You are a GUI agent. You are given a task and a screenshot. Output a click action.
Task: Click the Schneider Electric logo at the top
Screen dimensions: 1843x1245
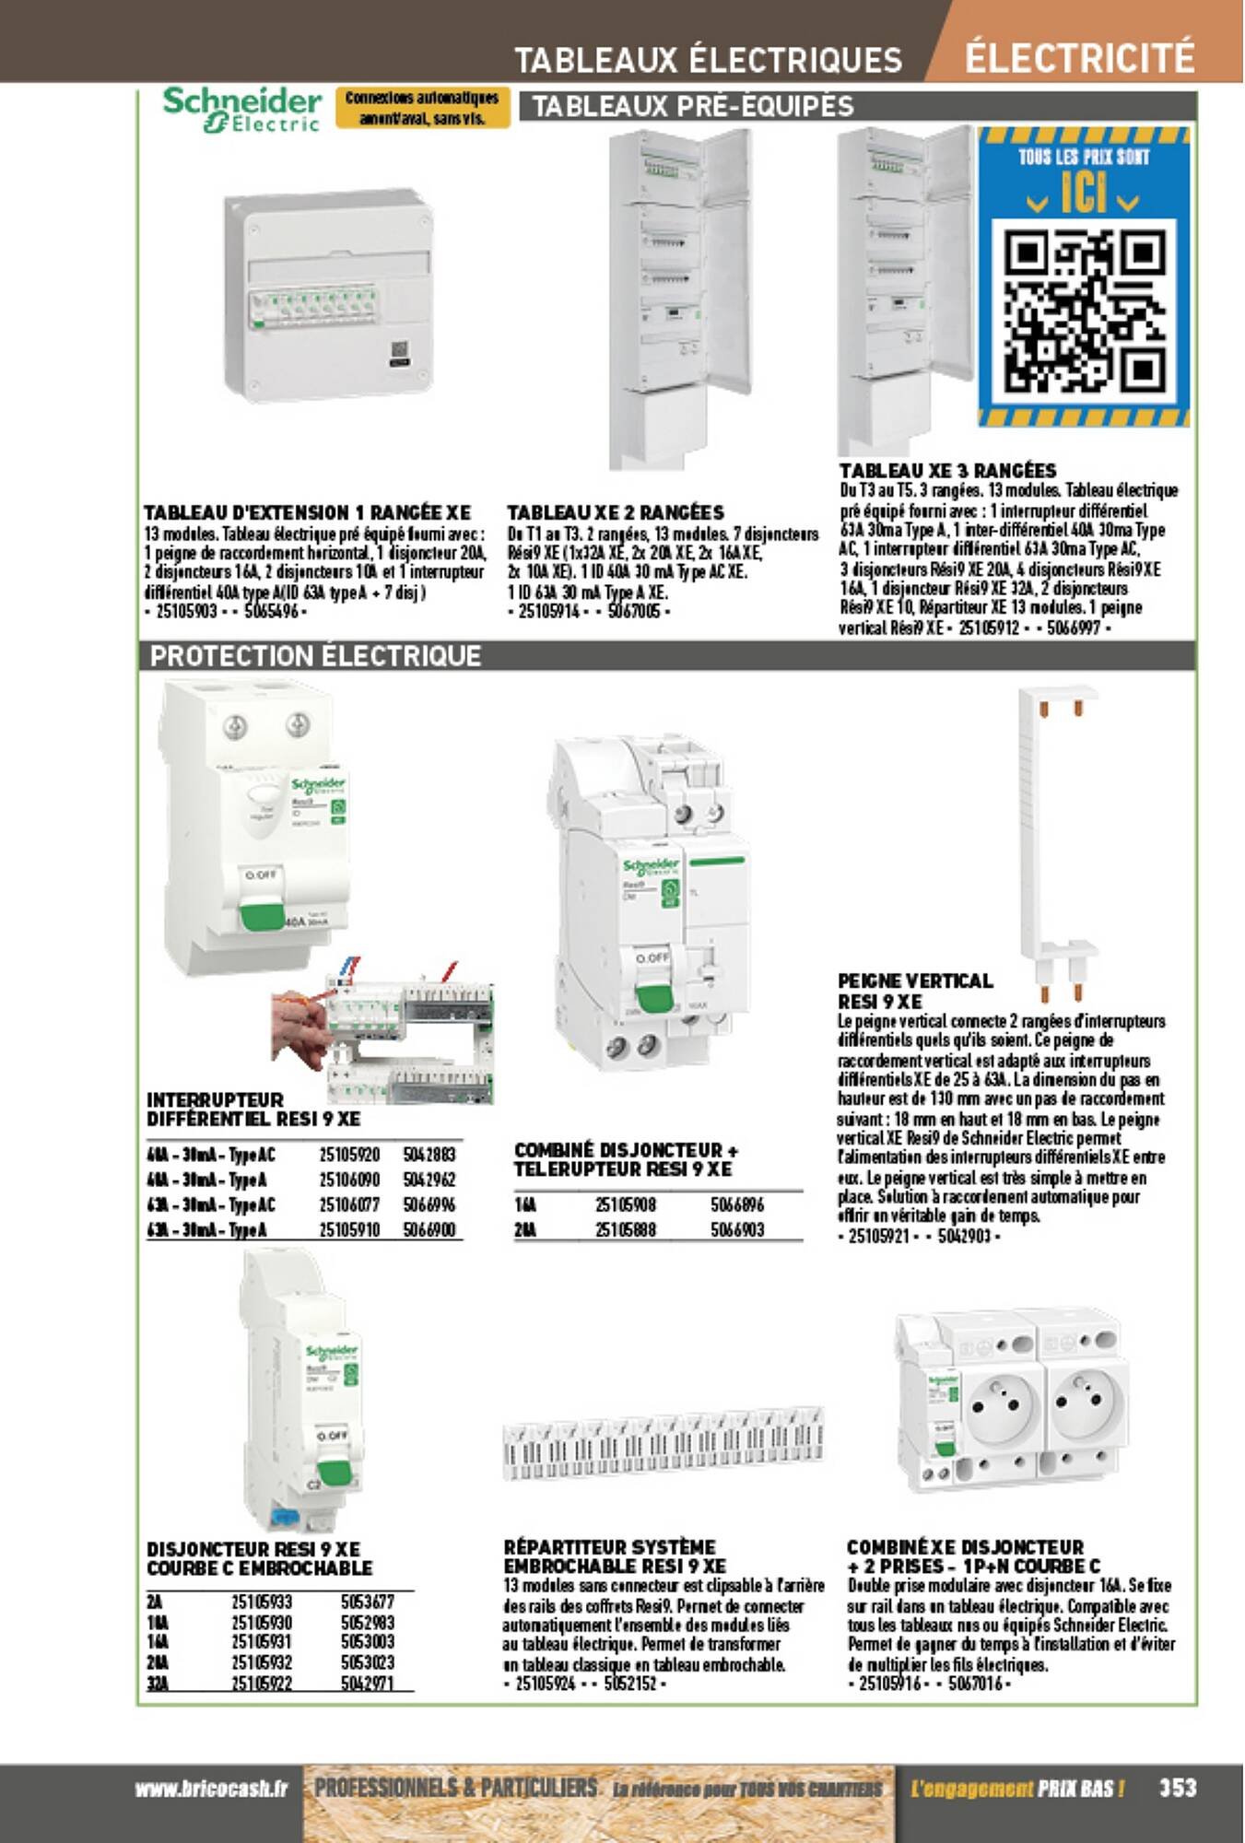tap(241, 109)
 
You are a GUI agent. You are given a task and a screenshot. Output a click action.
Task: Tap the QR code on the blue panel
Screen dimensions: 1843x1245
tap(1085, 311)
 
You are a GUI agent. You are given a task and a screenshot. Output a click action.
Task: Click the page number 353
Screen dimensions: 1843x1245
tap(1177, 1787)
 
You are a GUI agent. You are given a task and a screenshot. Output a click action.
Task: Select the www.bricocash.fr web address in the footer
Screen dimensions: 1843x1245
tap(211, 1789)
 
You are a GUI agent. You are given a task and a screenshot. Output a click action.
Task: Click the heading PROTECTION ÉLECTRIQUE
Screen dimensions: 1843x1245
tap(315, 656)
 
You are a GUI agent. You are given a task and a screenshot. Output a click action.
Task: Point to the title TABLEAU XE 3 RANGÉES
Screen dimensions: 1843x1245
tap(947, 470)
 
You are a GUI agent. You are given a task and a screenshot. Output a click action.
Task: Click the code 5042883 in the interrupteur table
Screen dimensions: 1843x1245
tap(429, 1155)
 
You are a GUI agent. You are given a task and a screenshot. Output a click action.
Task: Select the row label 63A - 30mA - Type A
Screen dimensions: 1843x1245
tap(207, 1229)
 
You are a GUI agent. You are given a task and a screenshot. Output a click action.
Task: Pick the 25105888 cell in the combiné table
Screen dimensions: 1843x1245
tap(626, 1229)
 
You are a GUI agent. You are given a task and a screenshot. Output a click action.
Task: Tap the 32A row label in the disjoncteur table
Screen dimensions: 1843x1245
tap(155, 1684)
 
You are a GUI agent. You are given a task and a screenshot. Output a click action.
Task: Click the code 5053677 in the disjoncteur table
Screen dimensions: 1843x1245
tap(367, 1602)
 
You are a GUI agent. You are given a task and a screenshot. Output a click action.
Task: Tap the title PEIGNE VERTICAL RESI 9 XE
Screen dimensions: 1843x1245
tap(914, 991)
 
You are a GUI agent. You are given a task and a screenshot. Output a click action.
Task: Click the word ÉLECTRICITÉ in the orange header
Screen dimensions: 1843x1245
tap(1079, 57)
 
